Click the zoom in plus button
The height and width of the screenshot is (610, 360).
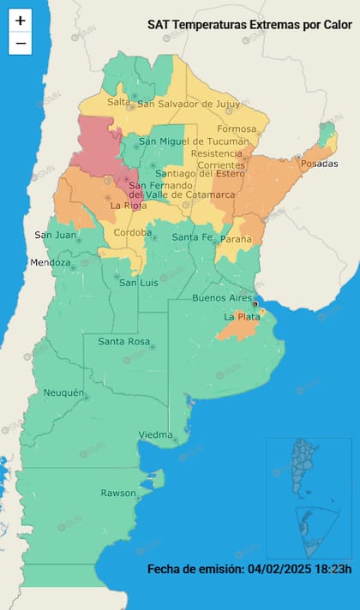pos(21,20)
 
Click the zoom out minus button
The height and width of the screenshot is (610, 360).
pos(21,43)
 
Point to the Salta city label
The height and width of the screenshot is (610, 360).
pos(118,102)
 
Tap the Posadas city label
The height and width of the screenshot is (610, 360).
pos(320,164)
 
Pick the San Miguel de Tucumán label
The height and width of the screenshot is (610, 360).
pos(194,141)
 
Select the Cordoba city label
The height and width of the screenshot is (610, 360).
pos(133,232)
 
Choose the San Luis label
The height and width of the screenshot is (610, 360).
pos(138,283)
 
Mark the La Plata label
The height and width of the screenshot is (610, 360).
pos(242,317)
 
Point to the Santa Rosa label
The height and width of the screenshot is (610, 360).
pos(123,342)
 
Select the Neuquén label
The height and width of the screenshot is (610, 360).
pos(63,393)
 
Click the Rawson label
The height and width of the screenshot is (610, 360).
pos(118,493)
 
